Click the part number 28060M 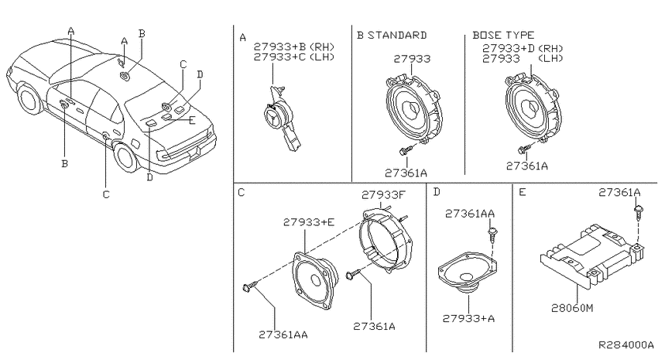572,308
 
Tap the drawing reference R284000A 625,345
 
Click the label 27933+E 308,222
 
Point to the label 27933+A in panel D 468,318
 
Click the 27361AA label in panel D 470,214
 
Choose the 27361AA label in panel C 283,334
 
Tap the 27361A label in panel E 619,192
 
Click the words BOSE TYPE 503,35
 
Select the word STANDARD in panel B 397,35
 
